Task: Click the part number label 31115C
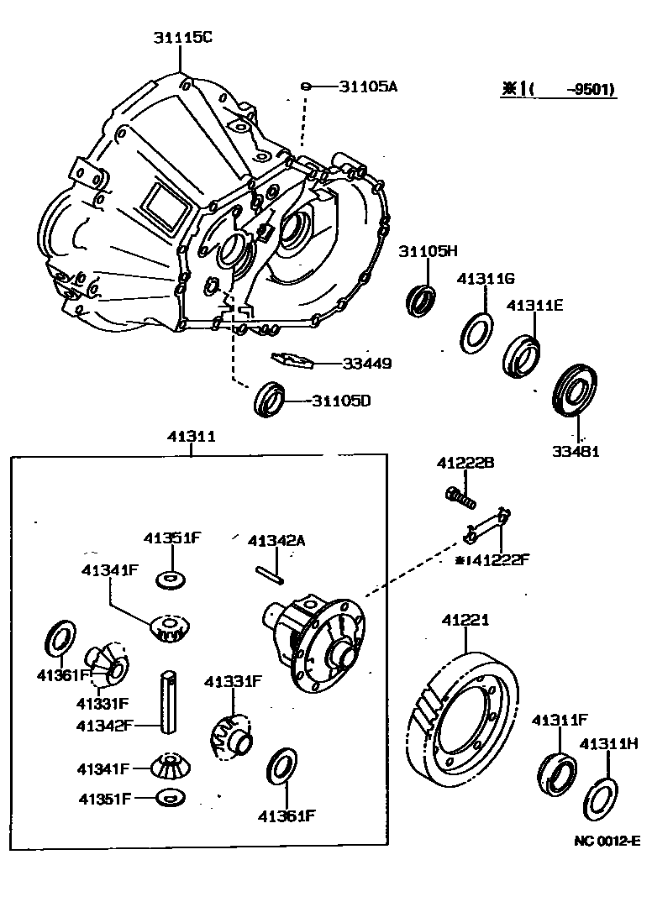pos(182,37)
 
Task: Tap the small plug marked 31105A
pos(308,86)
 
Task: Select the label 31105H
pos(428,251)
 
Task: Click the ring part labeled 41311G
pos(476,333)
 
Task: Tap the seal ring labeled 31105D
pos(271,398)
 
